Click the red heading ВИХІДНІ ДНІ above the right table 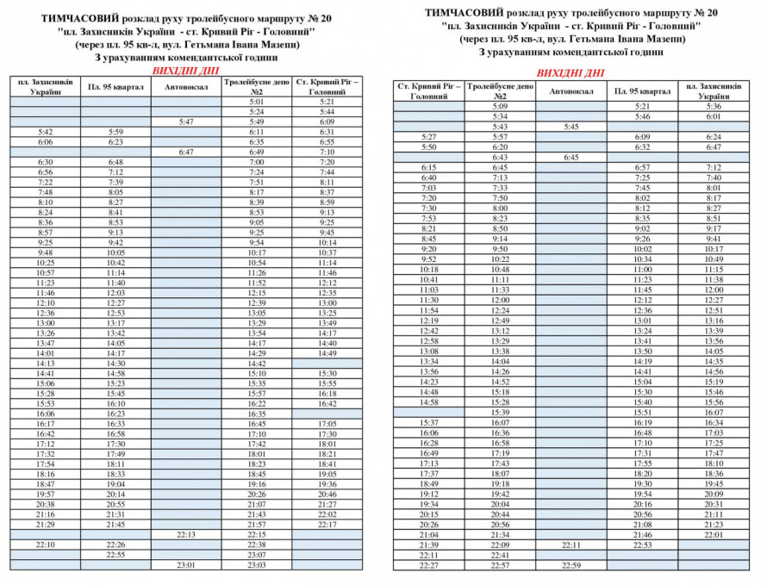tap(571, 73)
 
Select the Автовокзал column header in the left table tap(186, 86)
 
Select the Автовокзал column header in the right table tap(571, 90)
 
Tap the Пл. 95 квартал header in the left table tap(115, 86)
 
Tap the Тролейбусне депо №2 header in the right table tap(500, 90)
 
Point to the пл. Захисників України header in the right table tap(713, 90)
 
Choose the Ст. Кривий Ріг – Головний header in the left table tap(327, 86)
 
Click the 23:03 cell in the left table tap(256, 565)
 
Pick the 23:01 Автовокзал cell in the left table tap(186, 565)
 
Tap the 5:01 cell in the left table tap(256, 101)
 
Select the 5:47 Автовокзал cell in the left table tap(186, 121)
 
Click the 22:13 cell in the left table tap(186, 534)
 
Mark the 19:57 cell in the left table tap(46, 494)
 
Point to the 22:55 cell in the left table tap(115, 555)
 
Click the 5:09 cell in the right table tap(500, 106)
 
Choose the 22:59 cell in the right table tap(571, 565)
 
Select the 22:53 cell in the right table tap(642, 545)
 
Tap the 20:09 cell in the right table tap(713, 494)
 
